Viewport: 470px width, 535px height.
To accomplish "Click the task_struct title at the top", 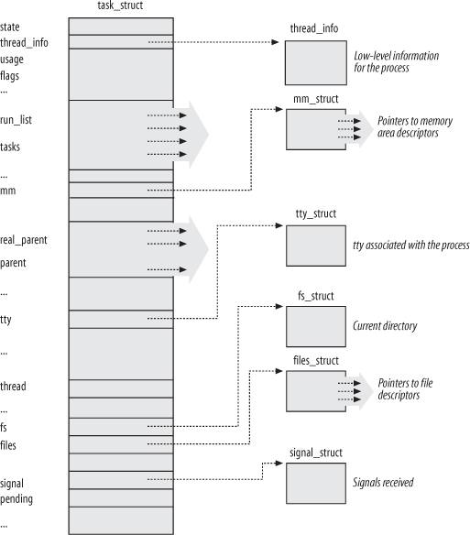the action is point(120,5).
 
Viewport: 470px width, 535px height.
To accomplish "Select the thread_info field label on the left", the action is point(24,43).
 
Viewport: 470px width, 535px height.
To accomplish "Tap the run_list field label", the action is point(16,120).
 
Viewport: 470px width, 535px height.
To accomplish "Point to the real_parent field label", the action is point(24,240).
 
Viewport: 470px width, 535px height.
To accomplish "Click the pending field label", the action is point(16,499).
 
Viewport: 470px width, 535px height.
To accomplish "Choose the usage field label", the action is point(12,60).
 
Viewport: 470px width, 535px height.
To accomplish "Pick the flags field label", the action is point(9,76).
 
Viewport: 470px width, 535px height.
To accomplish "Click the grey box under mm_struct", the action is point(316,129).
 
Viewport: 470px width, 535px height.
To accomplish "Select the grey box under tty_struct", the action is point(316,246).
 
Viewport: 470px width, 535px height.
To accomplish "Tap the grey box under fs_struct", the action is point(316,326).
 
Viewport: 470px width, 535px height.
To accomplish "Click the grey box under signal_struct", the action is point(316,483).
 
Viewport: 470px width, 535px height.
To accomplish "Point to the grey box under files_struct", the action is point(316,391).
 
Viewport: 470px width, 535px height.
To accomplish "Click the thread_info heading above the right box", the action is point(314,28).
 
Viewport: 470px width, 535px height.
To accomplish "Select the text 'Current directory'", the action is point(385,326).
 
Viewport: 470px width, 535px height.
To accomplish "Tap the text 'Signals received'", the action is point(383,483).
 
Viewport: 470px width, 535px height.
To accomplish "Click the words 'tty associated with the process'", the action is point(411,245).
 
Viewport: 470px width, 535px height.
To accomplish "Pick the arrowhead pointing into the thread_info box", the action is point(275,42).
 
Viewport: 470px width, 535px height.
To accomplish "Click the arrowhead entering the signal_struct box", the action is point(279,463).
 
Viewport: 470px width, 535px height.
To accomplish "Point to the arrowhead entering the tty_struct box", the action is point(279,225).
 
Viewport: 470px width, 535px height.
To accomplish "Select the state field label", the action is point(10,27).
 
